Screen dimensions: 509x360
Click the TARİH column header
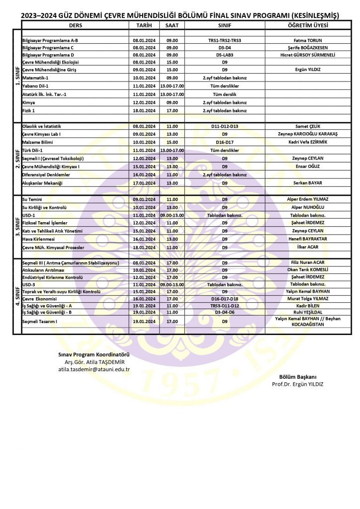point(144,25)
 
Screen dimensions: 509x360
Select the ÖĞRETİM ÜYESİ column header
point(307,25)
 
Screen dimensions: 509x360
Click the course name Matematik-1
point(35,78)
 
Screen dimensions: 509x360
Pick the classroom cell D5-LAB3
point(224,55)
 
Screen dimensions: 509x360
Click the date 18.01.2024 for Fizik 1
point(144,110)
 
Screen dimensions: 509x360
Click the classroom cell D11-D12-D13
point(224,127)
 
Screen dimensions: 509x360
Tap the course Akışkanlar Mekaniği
point(42,183)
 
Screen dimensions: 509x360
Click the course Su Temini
point(32,199)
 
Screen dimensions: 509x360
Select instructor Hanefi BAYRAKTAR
point(307,239)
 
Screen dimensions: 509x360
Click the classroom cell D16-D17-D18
point(224,299)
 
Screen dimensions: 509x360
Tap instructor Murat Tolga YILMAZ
point(307,299)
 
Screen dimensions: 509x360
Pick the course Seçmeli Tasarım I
point(40,322)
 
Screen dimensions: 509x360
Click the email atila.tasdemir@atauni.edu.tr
point(94,369)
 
